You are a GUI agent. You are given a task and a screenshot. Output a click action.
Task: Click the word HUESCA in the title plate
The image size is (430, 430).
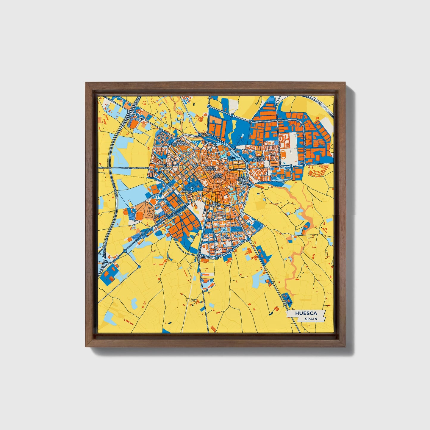point(306,313)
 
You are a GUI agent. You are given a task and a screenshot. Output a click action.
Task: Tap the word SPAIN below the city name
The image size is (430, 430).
point(311,319)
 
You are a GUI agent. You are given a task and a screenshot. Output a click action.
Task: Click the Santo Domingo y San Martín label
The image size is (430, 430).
point(243,181)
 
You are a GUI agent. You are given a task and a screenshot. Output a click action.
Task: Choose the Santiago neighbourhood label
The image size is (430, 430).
point(166,168)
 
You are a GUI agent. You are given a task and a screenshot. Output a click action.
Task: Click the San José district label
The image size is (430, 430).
point(187,191)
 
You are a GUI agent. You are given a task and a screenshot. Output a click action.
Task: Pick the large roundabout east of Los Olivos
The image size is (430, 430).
point(248,239)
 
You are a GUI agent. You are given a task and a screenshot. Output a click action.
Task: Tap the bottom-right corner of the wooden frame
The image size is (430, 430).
point(345,347)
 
